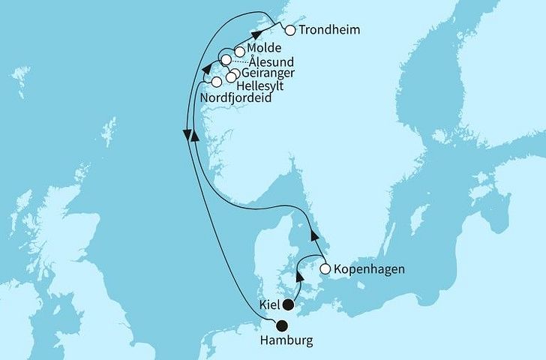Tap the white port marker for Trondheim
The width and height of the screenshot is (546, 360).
point(290,31)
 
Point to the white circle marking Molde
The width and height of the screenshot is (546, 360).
point(239,52)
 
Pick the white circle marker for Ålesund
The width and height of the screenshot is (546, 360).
point(225,59)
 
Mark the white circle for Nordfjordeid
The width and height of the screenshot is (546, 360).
point(217,82)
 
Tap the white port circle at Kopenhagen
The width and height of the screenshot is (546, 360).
point(325,268)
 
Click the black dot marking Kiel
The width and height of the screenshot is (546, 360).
point(287,304)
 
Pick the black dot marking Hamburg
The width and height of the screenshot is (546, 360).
point(281,325)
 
